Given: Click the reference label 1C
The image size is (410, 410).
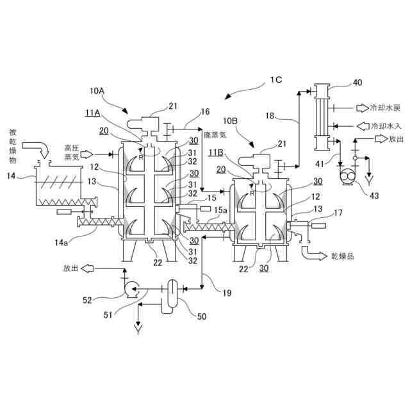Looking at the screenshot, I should point(275,79).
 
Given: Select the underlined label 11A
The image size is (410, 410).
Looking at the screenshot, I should point(92,113).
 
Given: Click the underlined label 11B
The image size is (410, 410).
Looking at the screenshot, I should point(215,151).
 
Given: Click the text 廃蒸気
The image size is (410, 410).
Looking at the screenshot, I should point(215,136).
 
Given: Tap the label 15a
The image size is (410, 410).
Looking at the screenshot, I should point(220,210).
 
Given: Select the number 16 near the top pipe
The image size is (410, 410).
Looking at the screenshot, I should point(206,111).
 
